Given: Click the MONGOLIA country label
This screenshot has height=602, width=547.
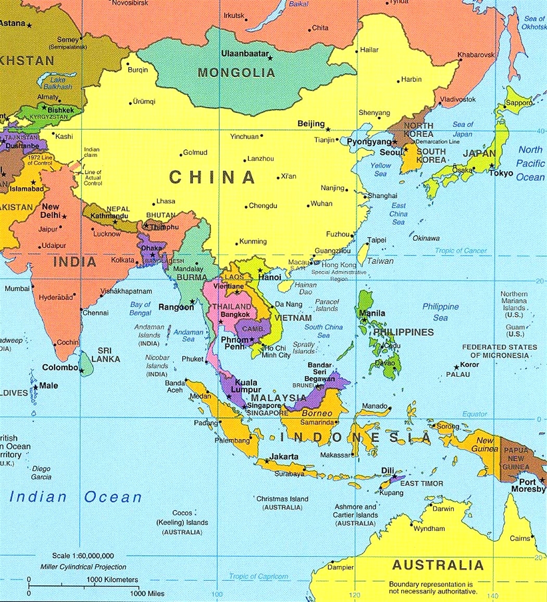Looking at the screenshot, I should point(236,73).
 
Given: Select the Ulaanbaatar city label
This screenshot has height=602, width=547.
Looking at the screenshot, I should point(245,53).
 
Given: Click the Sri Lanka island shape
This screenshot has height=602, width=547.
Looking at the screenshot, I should point(86,364).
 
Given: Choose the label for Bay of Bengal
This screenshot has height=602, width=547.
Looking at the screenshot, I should point(141,309).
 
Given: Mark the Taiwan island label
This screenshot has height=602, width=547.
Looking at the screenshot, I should point(380,261).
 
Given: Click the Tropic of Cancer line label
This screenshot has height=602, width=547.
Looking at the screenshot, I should point(461,251).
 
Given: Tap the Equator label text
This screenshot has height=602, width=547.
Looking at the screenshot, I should point(475,414).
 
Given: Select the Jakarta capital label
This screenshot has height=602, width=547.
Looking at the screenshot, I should point(284,457).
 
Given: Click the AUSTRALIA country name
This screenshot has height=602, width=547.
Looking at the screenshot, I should point(438,565).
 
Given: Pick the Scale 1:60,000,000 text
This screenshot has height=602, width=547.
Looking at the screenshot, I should point(83,556).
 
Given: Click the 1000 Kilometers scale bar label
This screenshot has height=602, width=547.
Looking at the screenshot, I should point(113,579).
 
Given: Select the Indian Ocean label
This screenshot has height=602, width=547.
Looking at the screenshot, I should point(76,497).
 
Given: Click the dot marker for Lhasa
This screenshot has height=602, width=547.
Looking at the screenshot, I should point(154,204).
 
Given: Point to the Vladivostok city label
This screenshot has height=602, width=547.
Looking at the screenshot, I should point(458,99).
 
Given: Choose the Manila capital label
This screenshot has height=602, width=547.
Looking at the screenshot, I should point(372,313).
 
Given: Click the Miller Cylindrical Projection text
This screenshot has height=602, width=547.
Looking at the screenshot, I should point(83,567).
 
